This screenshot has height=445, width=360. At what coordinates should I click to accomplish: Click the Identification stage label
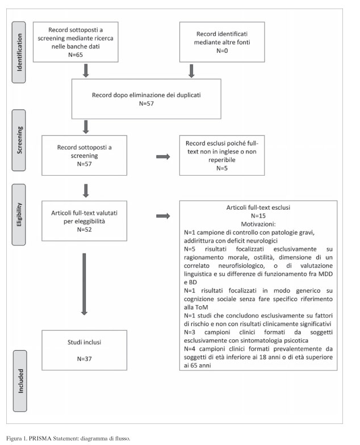(19, 52)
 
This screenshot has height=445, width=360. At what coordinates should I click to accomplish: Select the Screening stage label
(19, 140)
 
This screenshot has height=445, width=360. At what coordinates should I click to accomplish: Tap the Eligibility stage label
(19, 215)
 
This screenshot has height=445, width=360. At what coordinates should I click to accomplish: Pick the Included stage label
(20, 381)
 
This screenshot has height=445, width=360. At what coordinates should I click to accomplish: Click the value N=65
(76, 55)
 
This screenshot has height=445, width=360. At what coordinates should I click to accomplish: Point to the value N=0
(222, 51)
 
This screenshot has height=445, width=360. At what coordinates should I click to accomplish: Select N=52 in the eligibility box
(84, 229)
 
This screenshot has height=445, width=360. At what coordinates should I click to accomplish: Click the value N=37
(84, 359)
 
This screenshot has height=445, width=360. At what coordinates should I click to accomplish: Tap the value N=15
(258, 216)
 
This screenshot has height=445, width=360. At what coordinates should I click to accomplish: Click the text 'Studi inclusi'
(84, 342)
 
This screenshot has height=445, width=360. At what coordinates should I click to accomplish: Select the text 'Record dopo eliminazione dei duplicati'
(146, 95)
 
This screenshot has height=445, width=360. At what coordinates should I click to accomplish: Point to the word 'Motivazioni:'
(258, 224)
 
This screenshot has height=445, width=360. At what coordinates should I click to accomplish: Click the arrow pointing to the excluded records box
(163, 157)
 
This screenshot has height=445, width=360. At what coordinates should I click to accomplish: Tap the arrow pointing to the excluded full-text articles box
(163, 216)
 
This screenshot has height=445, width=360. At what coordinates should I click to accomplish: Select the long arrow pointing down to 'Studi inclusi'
(84, 284)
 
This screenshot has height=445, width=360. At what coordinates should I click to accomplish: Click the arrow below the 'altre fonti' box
(191, 71)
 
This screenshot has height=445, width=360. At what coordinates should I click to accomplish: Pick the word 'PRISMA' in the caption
(38, 439)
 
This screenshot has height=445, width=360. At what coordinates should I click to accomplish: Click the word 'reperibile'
(222, 160)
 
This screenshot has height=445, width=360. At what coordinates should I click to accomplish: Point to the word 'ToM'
(202, 307)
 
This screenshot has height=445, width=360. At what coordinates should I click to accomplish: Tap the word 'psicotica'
(296, 340)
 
